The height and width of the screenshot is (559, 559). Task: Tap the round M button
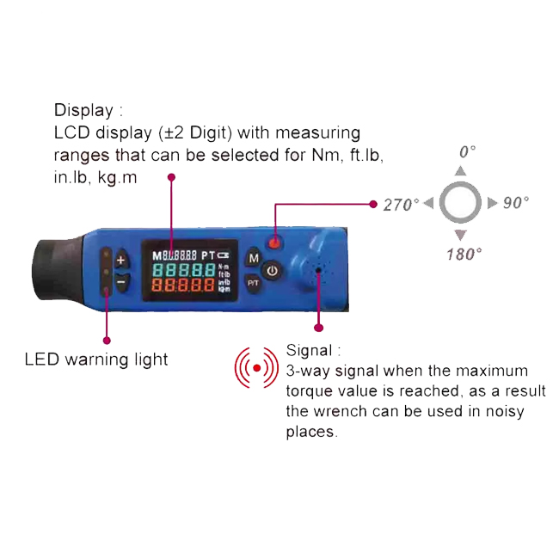pos(254,258)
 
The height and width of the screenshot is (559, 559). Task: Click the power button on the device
pos(273,271)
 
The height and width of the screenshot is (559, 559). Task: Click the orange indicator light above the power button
pos(274,243)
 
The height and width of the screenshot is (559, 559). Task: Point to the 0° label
pos(467,152)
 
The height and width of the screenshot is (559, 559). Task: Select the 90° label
pos(515,202)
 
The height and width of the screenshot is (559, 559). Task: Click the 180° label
pos(464,255)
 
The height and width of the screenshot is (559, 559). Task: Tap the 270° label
pos(402,205)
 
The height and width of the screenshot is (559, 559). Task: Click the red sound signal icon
pos(256,368)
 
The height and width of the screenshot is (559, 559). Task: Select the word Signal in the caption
pos(309,350)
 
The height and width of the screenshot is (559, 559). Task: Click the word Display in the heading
pos(83,110)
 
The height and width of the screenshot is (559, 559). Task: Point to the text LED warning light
pos(96,359)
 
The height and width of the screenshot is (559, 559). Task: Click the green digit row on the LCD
pos(184,270)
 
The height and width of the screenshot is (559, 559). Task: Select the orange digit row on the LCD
pos(183,286)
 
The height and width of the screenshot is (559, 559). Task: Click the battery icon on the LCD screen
pos(224,255)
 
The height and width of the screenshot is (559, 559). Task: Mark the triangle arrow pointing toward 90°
pos(492,203)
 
